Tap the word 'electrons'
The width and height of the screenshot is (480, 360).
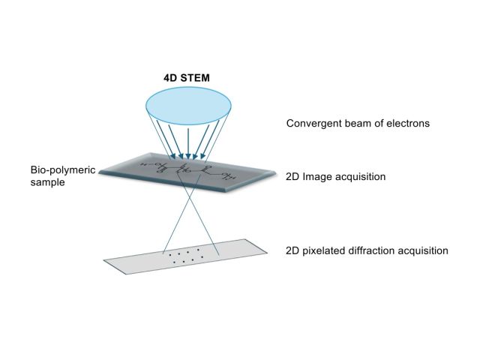tap(407, 124)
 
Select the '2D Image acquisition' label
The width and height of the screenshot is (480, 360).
tap(336, 177)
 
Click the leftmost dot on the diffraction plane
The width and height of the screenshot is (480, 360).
tap(170, 254)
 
